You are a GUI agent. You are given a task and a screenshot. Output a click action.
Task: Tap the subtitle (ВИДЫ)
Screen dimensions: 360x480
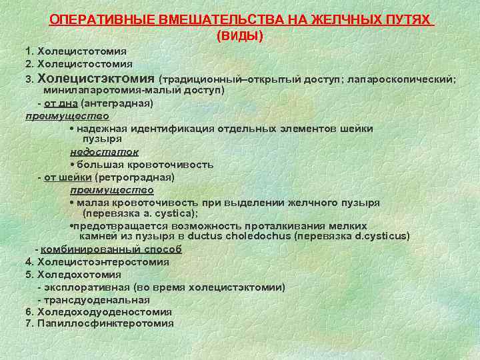pyautogui.click(x=240, y=35)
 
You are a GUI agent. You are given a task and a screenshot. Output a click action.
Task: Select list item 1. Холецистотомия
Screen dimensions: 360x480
pyautogui.click(x=76, y=51)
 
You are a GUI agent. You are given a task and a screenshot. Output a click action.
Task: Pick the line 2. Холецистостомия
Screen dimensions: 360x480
pyautogui.click(x=79, y=64)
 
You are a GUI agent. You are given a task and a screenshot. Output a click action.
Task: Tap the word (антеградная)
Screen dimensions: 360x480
pyautogui.click(x=117, y=103)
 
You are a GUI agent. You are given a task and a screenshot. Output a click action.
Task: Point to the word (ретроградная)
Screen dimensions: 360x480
pyautogui.click(x=135, y=177)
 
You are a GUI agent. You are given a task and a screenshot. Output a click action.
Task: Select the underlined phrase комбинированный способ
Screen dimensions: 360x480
pyautogui.click(x=111, y=249)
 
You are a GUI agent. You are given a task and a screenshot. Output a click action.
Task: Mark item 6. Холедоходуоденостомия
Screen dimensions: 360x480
pyautogui.click(x=98, y=311)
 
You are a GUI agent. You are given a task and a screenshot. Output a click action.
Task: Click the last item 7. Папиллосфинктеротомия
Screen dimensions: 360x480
pyautogui.click(x=99, y=323)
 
